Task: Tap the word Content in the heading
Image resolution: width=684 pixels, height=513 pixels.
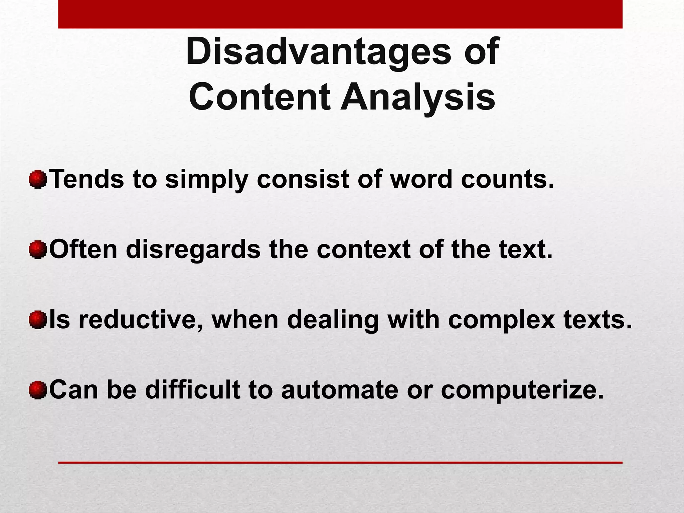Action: pyautogui.click(x=260, y=97)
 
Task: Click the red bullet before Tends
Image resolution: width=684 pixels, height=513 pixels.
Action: pyautogui.click(x=37, y=180)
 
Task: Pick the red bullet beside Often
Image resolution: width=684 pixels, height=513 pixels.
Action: pyautogui.click(x=37, y=250)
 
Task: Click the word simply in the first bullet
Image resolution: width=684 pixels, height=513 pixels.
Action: pyautogui.click(x=206, y=180)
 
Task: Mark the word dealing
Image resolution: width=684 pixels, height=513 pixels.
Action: pyautogui.click(x=333, y=321)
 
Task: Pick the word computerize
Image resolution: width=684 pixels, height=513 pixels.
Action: pyautogui.click(x=522, y=391)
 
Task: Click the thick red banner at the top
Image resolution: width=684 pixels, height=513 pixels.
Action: pyautogui.click(x=340, y=14)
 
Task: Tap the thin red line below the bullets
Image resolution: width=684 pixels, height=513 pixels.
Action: pyautogui.click(x=340, y=463)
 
